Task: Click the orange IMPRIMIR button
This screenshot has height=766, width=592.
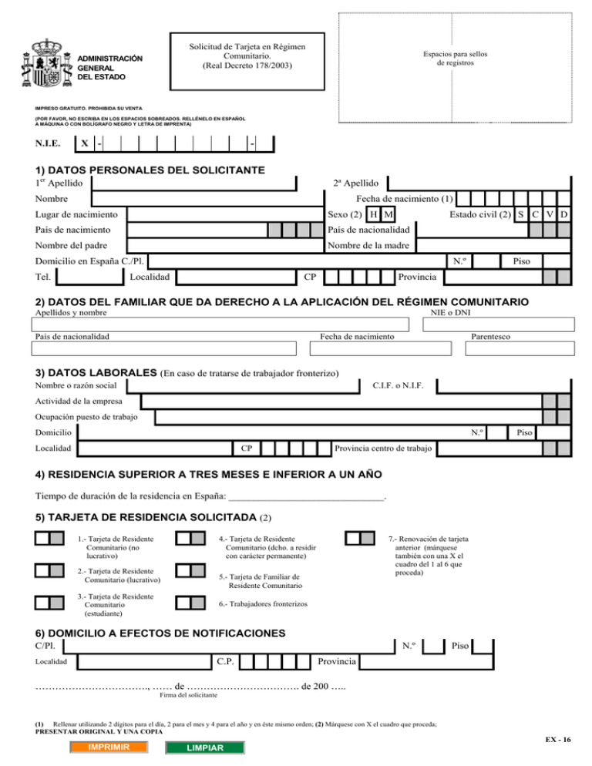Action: click(108, 748)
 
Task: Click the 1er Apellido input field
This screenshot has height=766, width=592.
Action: click(193, 183)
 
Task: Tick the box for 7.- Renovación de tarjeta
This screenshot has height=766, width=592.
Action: click(359, 538)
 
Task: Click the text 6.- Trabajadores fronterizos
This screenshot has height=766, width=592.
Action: click(263, 603)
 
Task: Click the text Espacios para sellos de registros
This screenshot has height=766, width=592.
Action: click(455, 59)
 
